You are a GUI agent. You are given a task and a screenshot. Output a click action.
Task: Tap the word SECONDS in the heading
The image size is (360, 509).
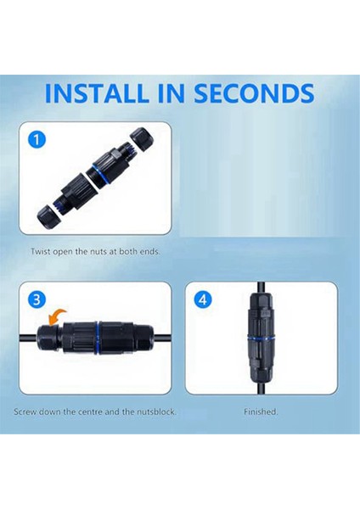254,93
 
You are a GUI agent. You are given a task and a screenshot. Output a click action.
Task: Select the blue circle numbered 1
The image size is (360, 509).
37,140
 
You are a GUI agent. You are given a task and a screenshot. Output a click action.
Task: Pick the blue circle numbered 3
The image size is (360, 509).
37,299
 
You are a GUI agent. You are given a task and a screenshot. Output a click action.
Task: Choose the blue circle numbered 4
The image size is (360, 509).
203,299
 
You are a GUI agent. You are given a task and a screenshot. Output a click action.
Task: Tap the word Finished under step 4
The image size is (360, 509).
261,412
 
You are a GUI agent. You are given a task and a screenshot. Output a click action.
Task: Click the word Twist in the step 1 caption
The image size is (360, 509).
41,251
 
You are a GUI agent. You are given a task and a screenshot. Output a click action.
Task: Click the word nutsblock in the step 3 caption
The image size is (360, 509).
156,412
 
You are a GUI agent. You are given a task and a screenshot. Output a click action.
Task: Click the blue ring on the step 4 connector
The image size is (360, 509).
261,338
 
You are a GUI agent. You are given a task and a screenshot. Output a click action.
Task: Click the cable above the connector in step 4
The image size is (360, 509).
261,288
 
